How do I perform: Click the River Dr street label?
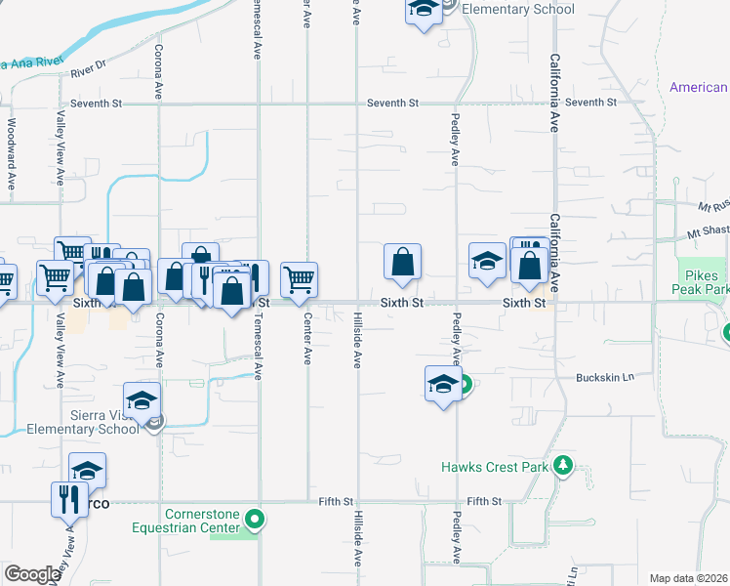click(x=115, y=65)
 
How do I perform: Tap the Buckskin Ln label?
click(x=605, y=378)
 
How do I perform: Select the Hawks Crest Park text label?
click(x=494, y=467)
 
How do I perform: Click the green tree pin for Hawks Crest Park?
click(x=562, y=466)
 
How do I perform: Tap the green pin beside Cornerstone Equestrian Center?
click(x=255, y=519)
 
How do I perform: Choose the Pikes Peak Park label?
click(x=701, y=283)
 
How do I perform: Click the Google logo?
click(x=31, y=573)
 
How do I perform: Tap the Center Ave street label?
click(x=307, y=339)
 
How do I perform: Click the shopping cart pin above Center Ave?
click(x=300, y=278)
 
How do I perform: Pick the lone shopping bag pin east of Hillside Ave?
click(x=402, y=262)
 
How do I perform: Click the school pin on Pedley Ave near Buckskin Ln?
click(x=443, y=382)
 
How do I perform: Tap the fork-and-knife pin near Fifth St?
click(x=69, y=497)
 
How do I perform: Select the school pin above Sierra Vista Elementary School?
click(x=142, y=398)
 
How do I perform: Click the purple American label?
click(x=699, y=88)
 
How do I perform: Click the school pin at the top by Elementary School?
click(x=423, y=11)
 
